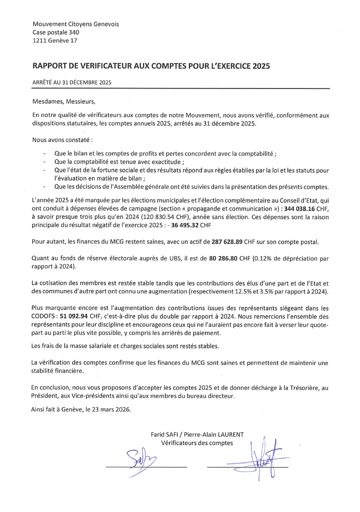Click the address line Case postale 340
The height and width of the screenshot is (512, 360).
55,32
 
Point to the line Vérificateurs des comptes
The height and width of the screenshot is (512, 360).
197,442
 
